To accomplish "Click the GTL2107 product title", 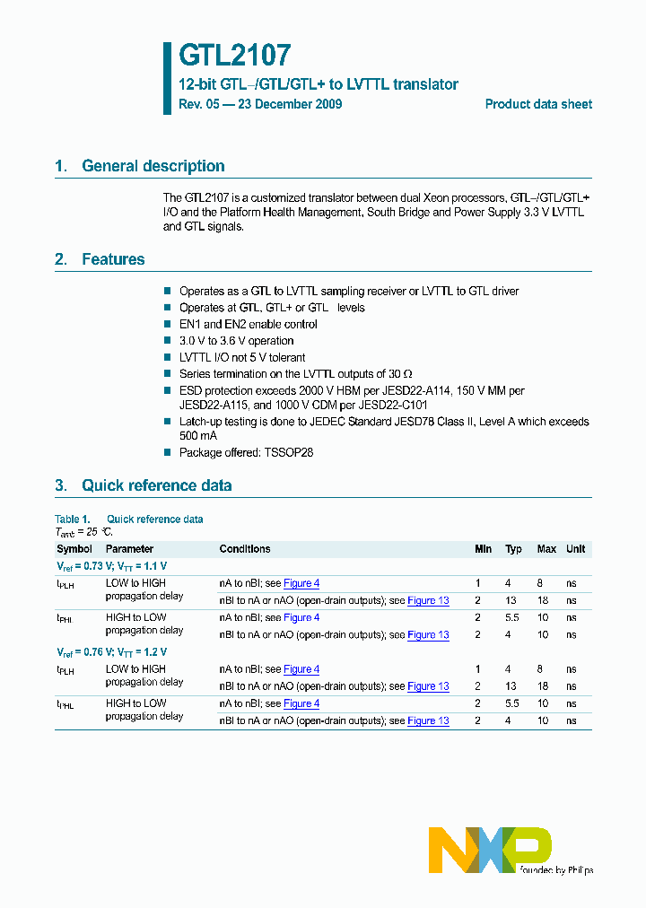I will coord(235,57).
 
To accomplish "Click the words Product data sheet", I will coord(538,104).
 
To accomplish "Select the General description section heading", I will coord(153,166).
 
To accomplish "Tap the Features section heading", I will coord(113,259).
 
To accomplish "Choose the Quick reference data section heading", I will coord(156,485).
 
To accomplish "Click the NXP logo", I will coord(489,850).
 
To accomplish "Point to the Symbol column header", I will coord(74,549).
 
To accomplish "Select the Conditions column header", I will coord(244,549).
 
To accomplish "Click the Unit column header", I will coord(575,549).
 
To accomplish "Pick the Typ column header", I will coord(513,549).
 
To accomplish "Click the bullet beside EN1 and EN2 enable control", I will coord(167,324).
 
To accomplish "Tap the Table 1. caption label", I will coord(73,519).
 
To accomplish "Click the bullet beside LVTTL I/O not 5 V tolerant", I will coord(167,357).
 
